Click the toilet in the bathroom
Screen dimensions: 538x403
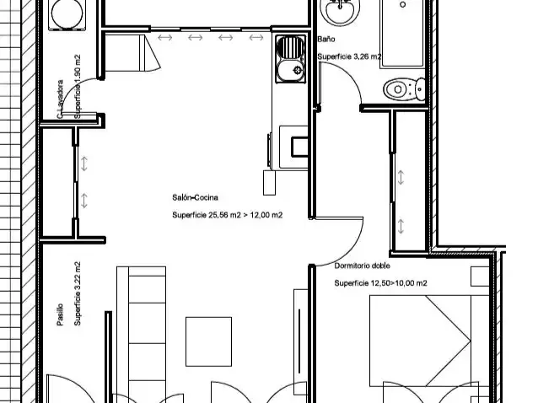pos(404,89)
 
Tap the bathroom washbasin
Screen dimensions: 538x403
pos(340,10)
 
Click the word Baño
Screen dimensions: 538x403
pos(326,39)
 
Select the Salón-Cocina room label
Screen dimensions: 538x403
pos(195,197)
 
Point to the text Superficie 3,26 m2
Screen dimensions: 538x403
pos(349,56)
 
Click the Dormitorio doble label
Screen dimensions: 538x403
pos(362,266)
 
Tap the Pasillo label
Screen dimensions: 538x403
pos(60,314)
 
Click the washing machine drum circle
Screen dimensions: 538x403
pos(67,13)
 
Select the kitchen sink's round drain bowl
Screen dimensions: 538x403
pos(291,70)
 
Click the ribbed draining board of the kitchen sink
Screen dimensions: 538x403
pos(290,47)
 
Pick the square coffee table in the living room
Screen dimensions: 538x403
pos(208,341)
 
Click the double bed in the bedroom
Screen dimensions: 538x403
pos(429,341)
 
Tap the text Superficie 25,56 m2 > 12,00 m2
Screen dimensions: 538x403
pos(227,215)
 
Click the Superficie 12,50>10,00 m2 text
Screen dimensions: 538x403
pos(380,283)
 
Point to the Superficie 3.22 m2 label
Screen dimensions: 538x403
pos(78,293)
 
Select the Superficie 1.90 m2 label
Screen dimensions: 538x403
pos(78,87)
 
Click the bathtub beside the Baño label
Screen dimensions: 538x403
pos(403,34)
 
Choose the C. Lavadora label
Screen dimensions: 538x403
pos(60,99)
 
